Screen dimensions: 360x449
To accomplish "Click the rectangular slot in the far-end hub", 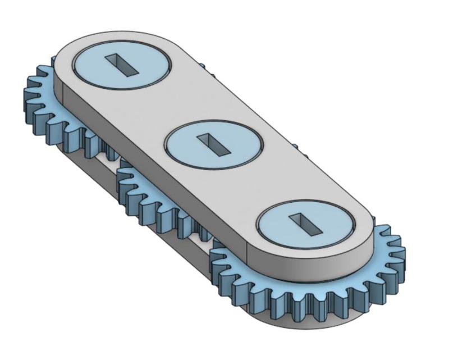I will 122,63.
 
